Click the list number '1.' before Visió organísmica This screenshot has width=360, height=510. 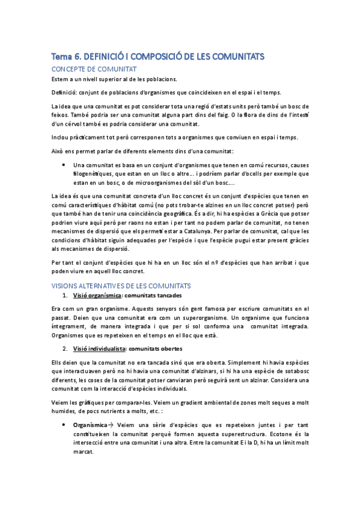(65, 295)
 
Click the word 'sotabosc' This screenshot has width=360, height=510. (294, 372)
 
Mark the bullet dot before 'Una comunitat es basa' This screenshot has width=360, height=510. (64, 165)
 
